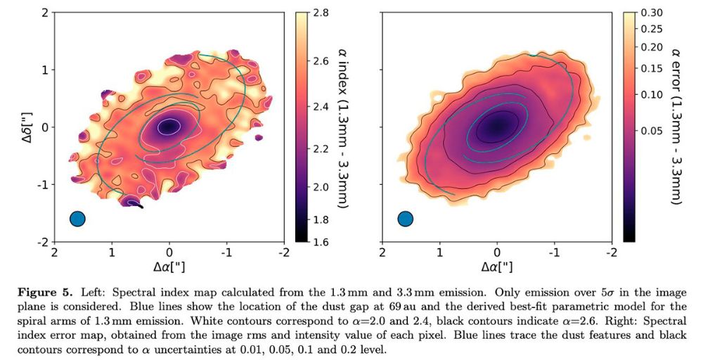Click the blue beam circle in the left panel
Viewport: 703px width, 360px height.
pyautogui.click(x=77, y=219)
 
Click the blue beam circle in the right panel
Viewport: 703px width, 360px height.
pyautogui.click(x=406, y=219)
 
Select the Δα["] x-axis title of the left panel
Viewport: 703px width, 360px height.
pyautogui.click(x=169, y=267)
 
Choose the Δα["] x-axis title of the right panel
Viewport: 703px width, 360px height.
pyautogui.click(x=496, y=267)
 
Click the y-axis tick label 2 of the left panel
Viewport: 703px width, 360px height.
pyautogui.click(x=44, y=13)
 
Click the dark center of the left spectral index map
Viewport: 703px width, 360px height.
pyautogui.click(x=168, y=127)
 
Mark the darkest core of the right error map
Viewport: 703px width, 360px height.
pyautogui.click(x=498, y=126)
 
